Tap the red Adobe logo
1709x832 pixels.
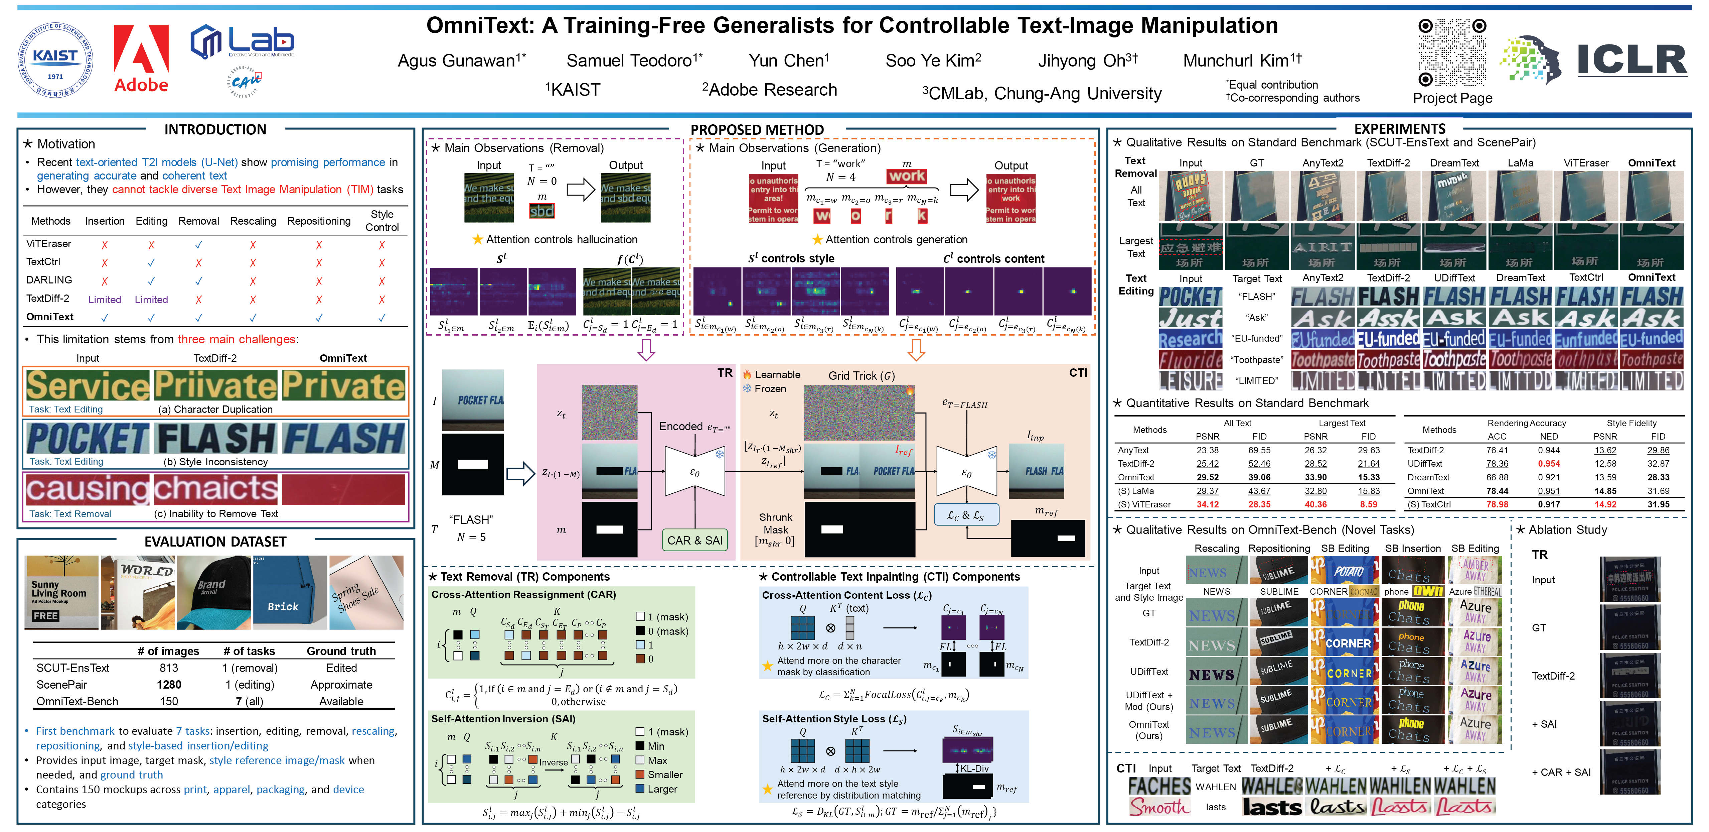(141, 58)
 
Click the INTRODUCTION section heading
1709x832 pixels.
(215, 129)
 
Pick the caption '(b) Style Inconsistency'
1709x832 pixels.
(215, 462)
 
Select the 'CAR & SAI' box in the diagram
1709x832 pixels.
(694, 540)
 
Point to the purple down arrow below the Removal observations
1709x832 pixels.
(646, 349)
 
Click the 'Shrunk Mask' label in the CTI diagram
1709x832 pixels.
(776, 523)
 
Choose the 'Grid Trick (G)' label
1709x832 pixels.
(861, 376)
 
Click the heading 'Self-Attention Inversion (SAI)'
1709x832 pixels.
(503, 718)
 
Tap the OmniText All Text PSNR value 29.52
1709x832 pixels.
(1208, 477)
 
